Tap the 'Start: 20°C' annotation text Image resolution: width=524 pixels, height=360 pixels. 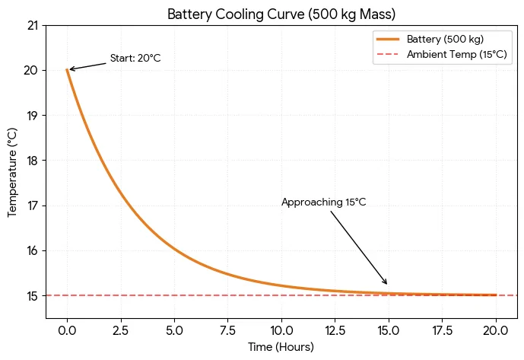pos(135,59)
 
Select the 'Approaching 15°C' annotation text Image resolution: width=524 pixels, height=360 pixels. pos(323,202)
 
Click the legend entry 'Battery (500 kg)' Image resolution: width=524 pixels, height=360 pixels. pos(445,39)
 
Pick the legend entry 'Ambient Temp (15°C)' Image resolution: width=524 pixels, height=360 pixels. pos(456,55)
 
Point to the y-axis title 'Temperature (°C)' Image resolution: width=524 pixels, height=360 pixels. pos(12,172)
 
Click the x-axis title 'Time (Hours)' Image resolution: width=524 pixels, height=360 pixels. pos(281,347)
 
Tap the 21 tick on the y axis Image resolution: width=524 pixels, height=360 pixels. pos(32,26)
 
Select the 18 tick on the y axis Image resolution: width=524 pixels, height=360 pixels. pos(32,161)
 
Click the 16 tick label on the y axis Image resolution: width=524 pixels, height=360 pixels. pos(32,251)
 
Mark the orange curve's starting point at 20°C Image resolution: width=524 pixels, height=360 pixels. pos(68,70)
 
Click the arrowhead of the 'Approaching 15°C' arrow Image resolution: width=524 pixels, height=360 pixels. pos(387,284)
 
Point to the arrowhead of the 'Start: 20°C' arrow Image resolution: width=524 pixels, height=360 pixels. pos(70,69)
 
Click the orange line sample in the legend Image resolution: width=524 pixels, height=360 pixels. pos(388,39)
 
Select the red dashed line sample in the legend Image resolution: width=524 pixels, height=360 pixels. pos(388,55)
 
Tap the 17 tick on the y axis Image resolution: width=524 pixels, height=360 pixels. pos(32,205)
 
